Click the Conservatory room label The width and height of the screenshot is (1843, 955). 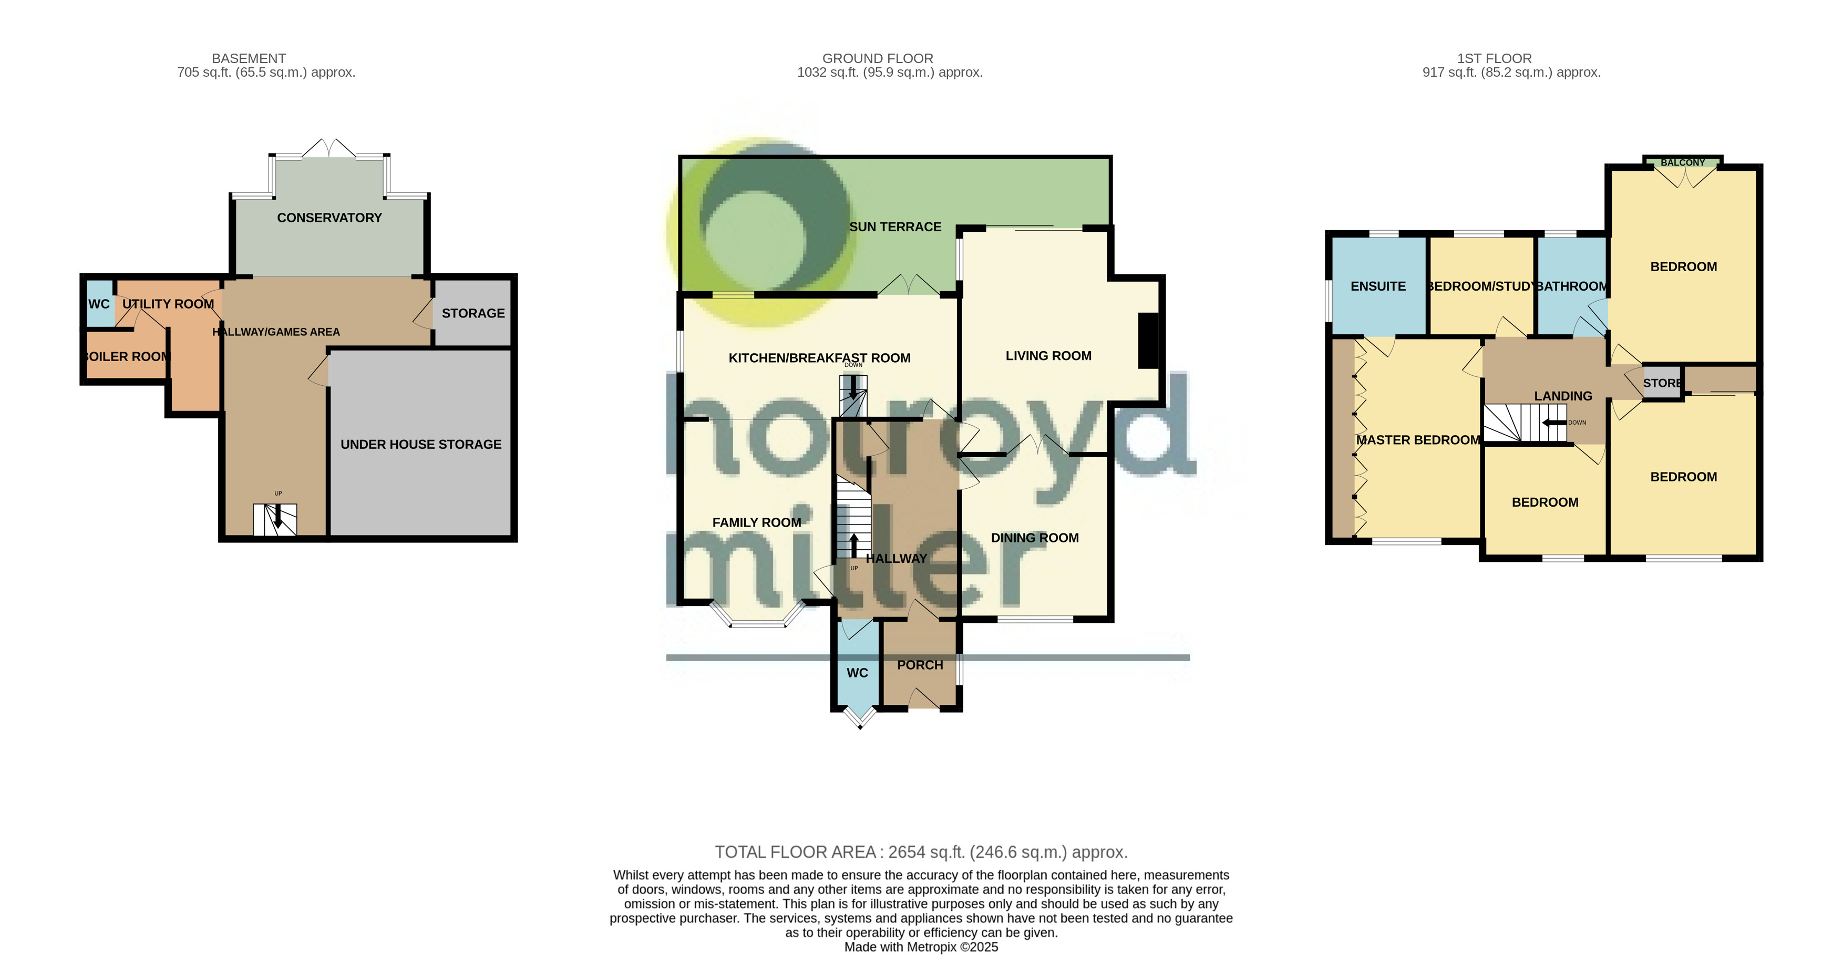click(x=329, y=218)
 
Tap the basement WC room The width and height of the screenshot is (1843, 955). click(x=99, y=304)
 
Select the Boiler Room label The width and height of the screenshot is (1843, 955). click(x=127, y=356)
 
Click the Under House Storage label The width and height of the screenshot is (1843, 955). click(x=421, y=444)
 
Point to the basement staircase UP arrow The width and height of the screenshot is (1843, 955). click(x=277, y=517)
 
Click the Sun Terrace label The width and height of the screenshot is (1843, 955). click(x=894, y=227)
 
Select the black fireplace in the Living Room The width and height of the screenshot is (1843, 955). click(x=1148, y=341)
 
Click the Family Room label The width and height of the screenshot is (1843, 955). click(x=756, y=523)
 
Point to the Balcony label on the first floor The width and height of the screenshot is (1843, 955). click(x=1682, y=163)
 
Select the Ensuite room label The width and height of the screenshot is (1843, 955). click(x=1377, y=286)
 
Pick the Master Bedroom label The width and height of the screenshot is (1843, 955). click(x=1417, y=440)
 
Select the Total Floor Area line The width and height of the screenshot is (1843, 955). click(x=921, y=852)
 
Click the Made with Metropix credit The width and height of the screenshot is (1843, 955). click(x=921, y=947)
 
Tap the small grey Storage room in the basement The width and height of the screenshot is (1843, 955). click(x=473, y=313)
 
